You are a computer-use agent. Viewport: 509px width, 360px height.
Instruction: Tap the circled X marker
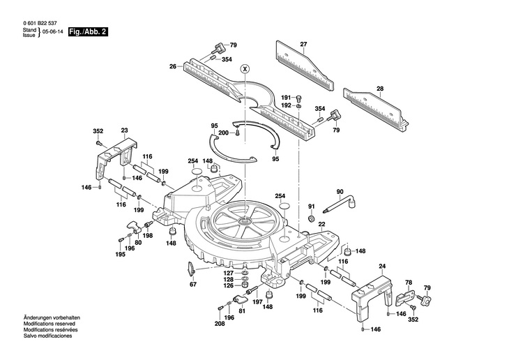[x=244, y=68]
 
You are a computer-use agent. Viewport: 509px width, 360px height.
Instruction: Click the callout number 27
[x=303, y=45]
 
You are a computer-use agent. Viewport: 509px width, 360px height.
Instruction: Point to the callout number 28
[x=379, y=88]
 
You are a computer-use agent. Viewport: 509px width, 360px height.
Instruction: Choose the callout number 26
[x=172, y=67]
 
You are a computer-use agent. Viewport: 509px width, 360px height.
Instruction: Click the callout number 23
[x=124, y=130]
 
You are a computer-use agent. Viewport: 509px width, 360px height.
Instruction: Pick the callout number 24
[x=381, y=266]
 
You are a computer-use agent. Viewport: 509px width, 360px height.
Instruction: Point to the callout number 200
[x=223, y=133]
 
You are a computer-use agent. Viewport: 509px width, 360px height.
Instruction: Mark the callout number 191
[x=286, y=97]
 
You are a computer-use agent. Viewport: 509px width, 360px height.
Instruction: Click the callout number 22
[x=321, y=224]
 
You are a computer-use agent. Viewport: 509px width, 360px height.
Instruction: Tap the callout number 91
[x=312, y=207]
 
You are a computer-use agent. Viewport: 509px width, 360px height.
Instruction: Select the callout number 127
[x=229, y=273]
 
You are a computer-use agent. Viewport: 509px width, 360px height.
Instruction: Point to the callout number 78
[x=409, y=283]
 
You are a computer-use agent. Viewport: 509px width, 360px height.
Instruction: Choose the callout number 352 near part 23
[x=98, y=130]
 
